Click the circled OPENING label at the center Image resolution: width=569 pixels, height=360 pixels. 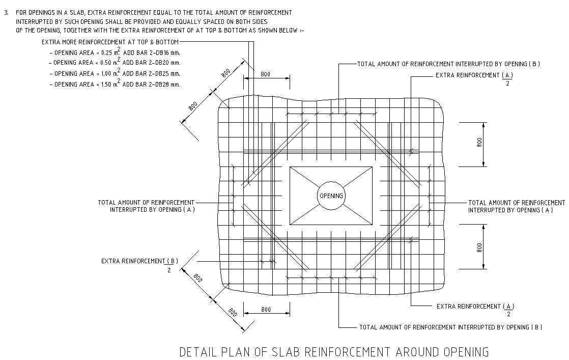(331, 196)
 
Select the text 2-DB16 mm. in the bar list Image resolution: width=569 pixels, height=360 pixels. (161, 52)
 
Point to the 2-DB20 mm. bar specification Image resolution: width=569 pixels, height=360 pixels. (161, 63)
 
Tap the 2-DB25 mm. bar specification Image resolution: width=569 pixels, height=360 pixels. (161, 73)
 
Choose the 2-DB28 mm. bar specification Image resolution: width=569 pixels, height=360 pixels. (161, 85)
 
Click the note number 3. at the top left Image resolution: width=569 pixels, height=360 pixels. (7, 12)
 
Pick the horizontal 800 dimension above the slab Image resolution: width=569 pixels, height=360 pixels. (265, 74)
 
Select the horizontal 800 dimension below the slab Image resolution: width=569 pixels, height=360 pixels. (266, 310)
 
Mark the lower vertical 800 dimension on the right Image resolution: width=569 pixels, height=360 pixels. (479, 247)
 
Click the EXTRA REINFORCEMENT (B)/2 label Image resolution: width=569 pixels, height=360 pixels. (139, 262)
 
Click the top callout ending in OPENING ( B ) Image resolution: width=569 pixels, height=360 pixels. (448, 64)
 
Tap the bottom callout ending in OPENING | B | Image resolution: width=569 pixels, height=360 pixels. (450, 327)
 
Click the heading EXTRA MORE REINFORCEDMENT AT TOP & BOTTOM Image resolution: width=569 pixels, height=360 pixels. (110, 42)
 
